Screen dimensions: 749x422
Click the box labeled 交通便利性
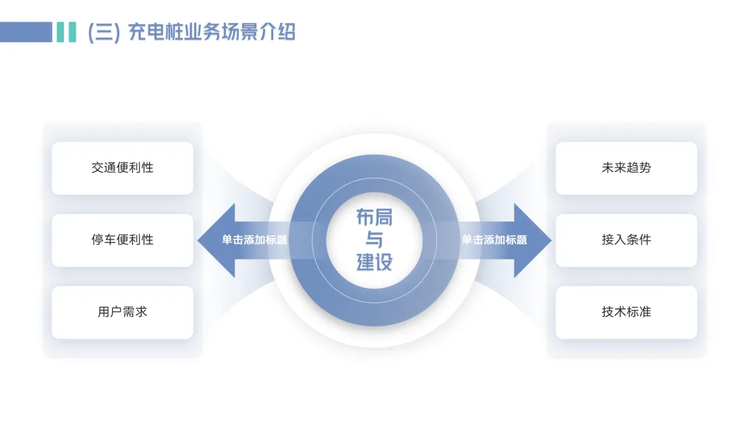point(122,168)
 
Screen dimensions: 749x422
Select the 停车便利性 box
point(122,240)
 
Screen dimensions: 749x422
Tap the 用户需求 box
point(122,312)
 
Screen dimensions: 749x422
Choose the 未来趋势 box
point(626,168)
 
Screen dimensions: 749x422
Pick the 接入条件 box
point(626,240)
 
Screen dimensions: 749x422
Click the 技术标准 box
point(626,312)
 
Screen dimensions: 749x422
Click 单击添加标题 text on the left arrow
point(254,240)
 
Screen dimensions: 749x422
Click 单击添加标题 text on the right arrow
point(494,240)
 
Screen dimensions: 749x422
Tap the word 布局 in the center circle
point(374,217)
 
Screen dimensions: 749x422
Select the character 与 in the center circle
point(374,240)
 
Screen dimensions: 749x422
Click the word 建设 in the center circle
point(374,262)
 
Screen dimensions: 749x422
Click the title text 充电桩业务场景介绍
point(212,32)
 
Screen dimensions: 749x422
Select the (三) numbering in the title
point(104,33)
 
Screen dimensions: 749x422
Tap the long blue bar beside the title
point(26,32)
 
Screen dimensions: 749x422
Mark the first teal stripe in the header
point(60,32)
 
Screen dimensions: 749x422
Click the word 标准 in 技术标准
point(639,312)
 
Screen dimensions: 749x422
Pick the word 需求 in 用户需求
point(135,312)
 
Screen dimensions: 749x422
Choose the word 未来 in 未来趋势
point(614,168)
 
